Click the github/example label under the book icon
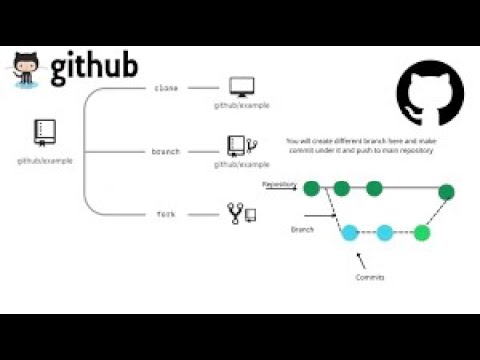[x=44, y=159]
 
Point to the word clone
[x=165, y=88]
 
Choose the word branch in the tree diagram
[x=165, y=151]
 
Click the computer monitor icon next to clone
[x=240, y=87]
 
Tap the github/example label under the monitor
[x=241, y=104]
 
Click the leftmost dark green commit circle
[x=311, y=188]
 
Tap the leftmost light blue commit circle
[x=349, y=233]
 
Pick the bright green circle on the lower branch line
[x=421, y=233]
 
